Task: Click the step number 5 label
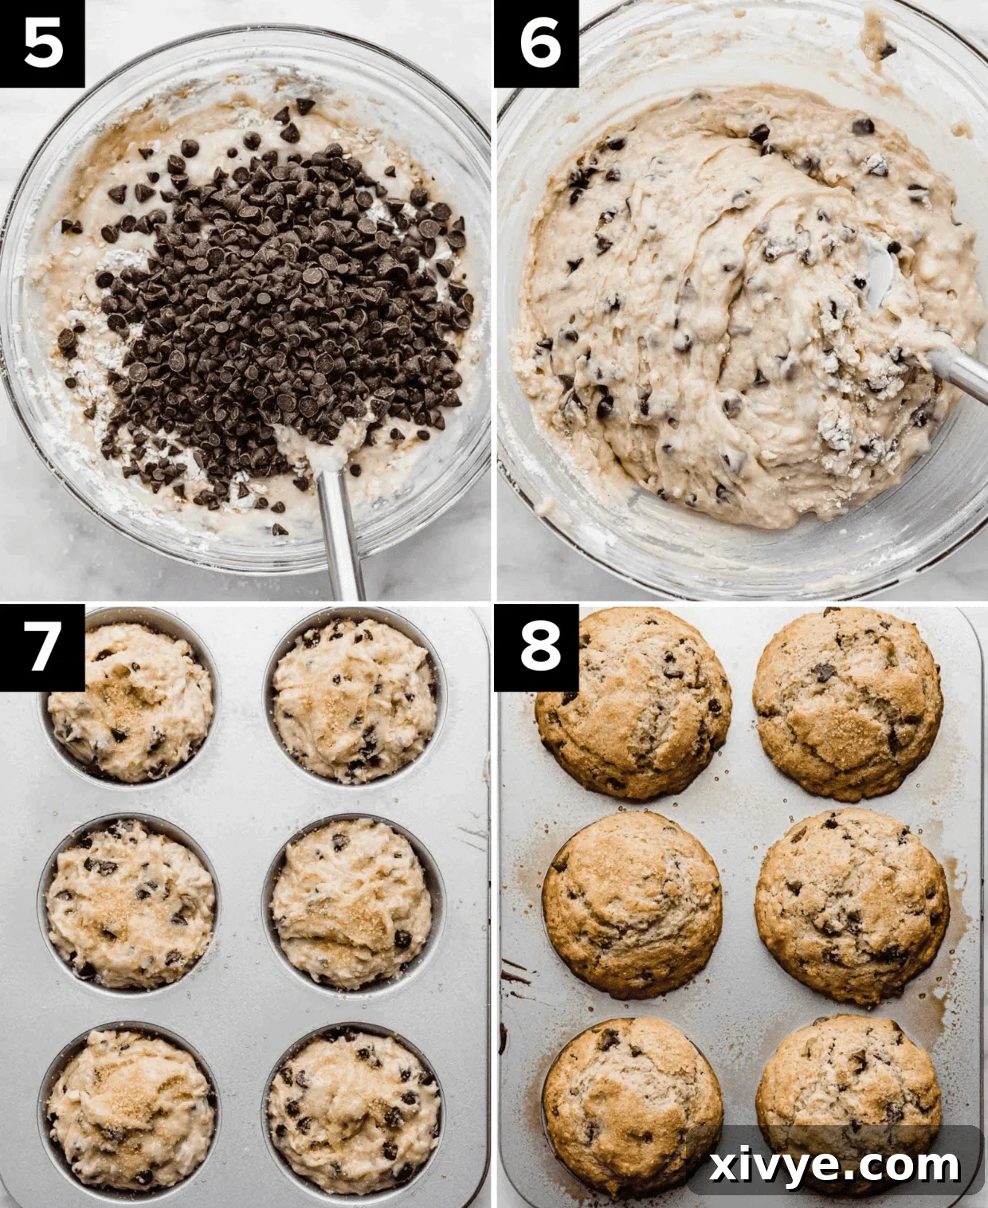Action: [42, 43]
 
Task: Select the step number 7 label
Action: [42, 646]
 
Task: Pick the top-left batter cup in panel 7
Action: [127, 701]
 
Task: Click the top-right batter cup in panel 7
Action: [355, 700]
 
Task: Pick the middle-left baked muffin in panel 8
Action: [632, 904]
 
